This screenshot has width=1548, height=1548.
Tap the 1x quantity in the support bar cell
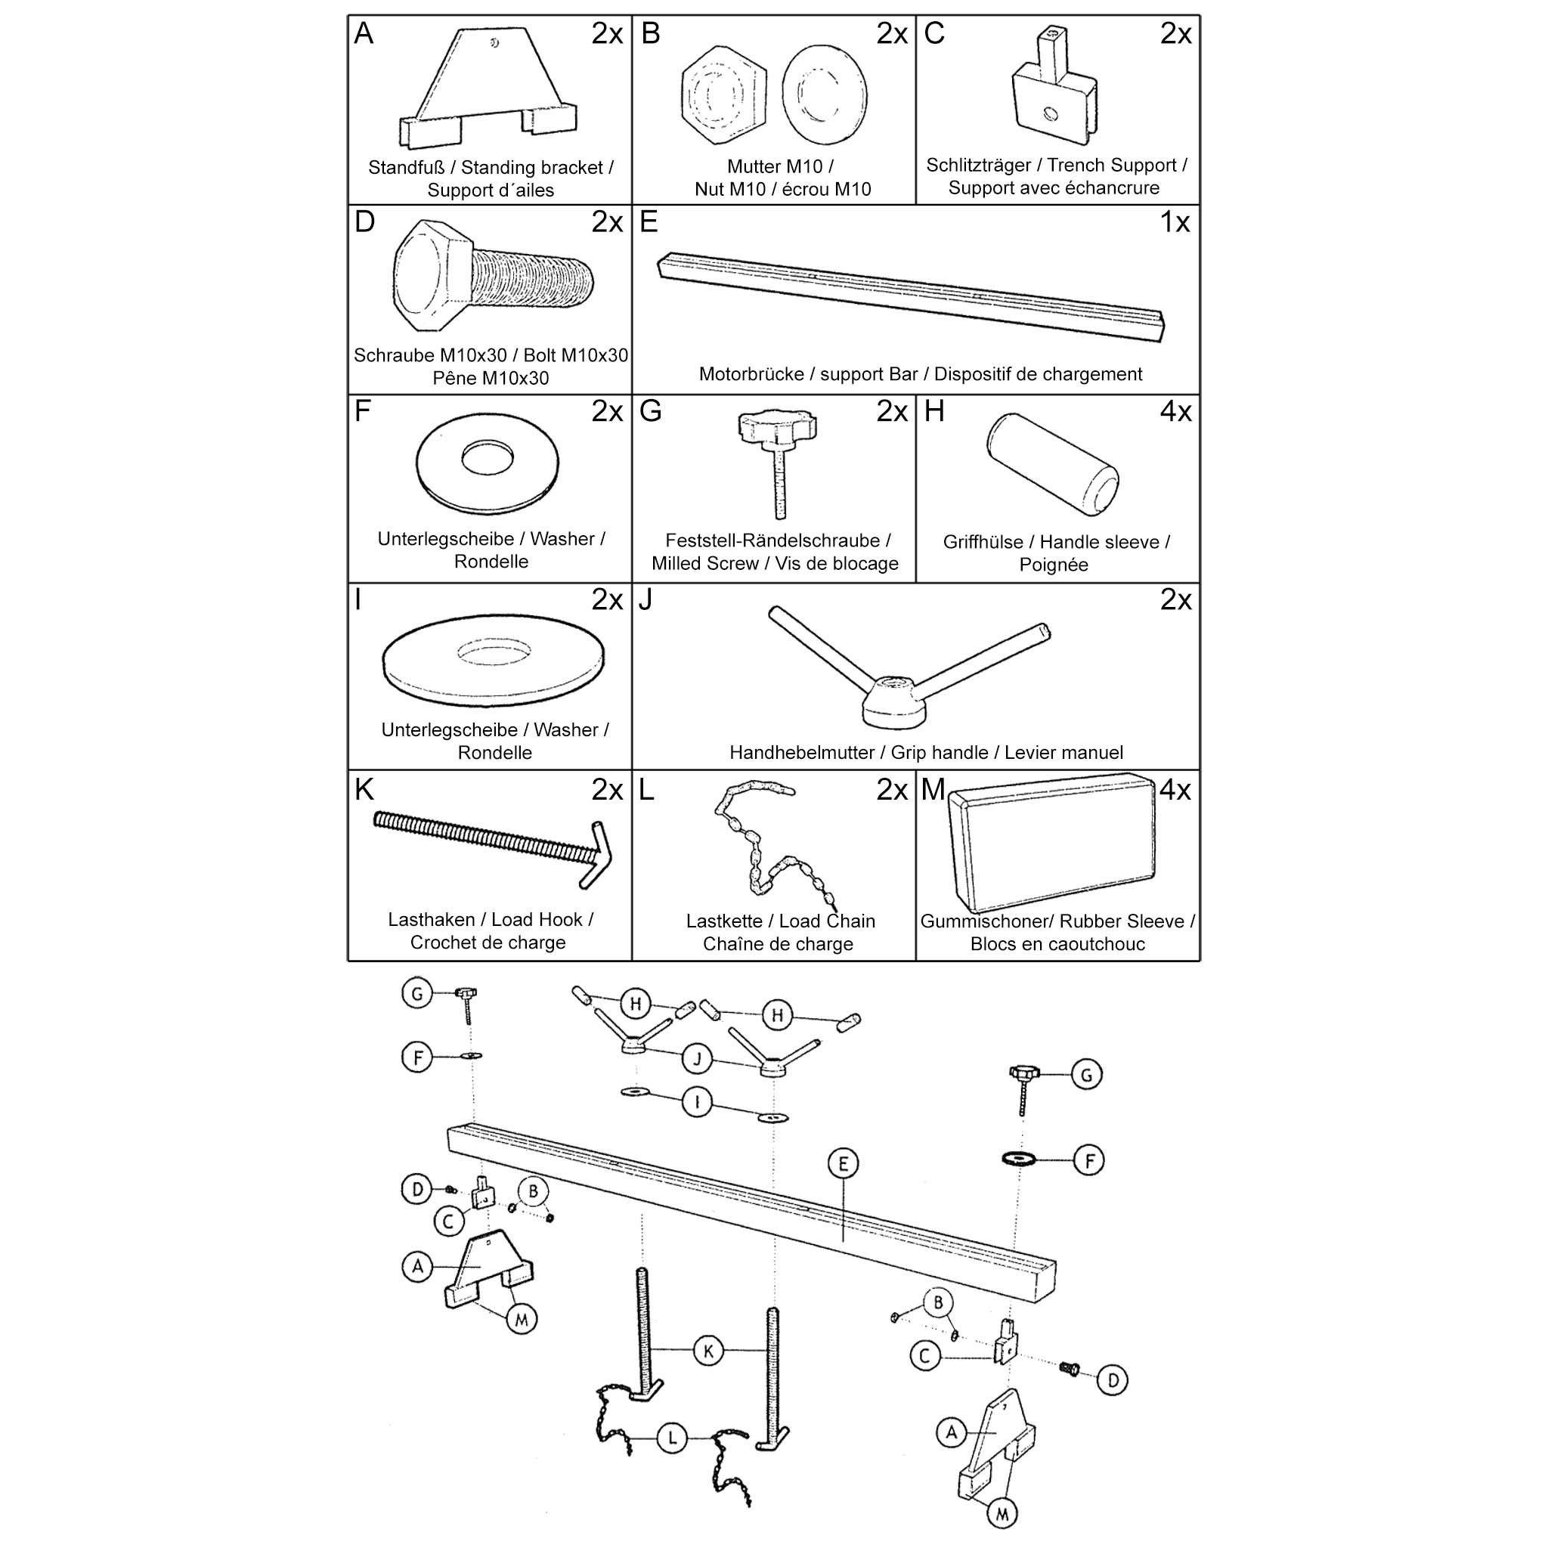click(1175, 223)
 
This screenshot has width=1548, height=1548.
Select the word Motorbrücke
click(751, 374)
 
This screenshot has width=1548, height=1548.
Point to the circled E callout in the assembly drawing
click(843, 1163)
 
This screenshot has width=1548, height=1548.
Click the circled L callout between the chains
click(671, 1438)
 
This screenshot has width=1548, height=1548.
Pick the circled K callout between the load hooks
click(708, 1351)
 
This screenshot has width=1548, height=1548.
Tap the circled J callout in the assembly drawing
click(697, 1059)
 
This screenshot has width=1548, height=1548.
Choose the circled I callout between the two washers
click(697, 1103)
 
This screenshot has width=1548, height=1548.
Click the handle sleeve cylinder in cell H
click(1052, 464)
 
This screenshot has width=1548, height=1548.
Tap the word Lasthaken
click(431, 920)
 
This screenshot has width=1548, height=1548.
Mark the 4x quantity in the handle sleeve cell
click(1175, 412)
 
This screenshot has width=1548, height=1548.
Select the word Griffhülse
click(983, 543)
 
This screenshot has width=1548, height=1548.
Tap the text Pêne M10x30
click(491, 378)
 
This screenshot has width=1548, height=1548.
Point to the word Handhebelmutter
click(801, 753)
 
